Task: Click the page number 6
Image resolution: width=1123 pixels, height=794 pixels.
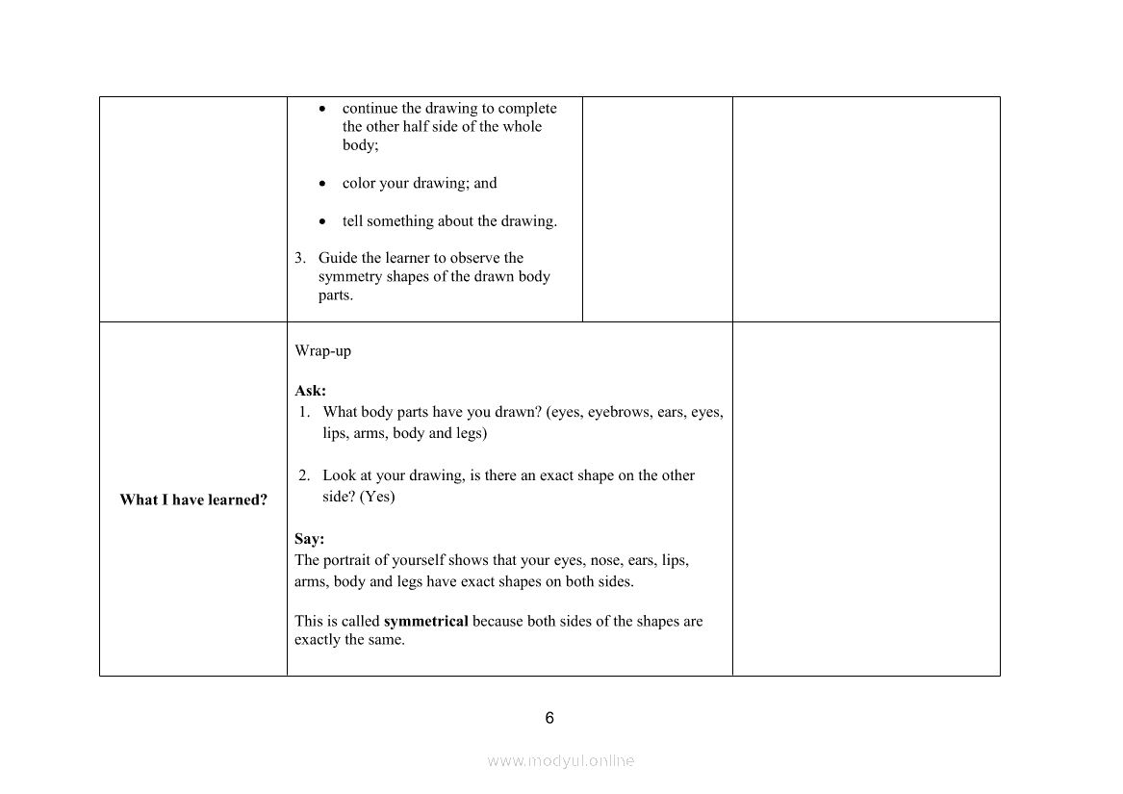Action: click(549, 718)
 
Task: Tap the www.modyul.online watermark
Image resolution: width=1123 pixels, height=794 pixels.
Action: click(561, 760)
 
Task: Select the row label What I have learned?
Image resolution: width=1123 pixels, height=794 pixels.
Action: click(193, 499)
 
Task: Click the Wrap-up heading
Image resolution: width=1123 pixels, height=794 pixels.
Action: click(322, 351)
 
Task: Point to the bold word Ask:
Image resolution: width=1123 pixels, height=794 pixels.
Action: click(310, 391)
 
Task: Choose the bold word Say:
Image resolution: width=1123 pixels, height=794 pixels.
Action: click(309, 539)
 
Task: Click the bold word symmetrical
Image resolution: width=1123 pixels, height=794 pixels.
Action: click(425, 621)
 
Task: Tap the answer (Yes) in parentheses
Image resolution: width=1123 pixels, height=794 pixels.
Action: click(377, 497)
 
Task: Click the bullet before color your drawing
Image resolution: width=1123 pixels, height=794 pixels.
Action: click(322, 184)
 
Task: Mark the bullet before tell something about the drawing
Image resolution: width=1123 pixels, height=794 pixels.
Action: click(322, 221)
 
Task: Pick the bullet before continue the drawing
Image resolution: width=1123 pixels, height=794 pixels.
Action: click(322, 109)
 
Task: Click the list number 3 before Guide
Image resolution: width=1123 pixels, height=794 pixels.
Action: click(300, 258)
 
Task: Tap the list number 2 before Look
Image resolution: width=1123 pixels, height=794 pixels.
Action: click(303, 475)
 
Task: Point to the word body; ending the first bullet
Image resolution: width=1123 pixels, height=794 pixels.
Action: click(360, 145)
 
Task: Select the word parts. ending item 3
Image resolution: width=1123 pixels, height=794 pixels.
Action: click(336, 295)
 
